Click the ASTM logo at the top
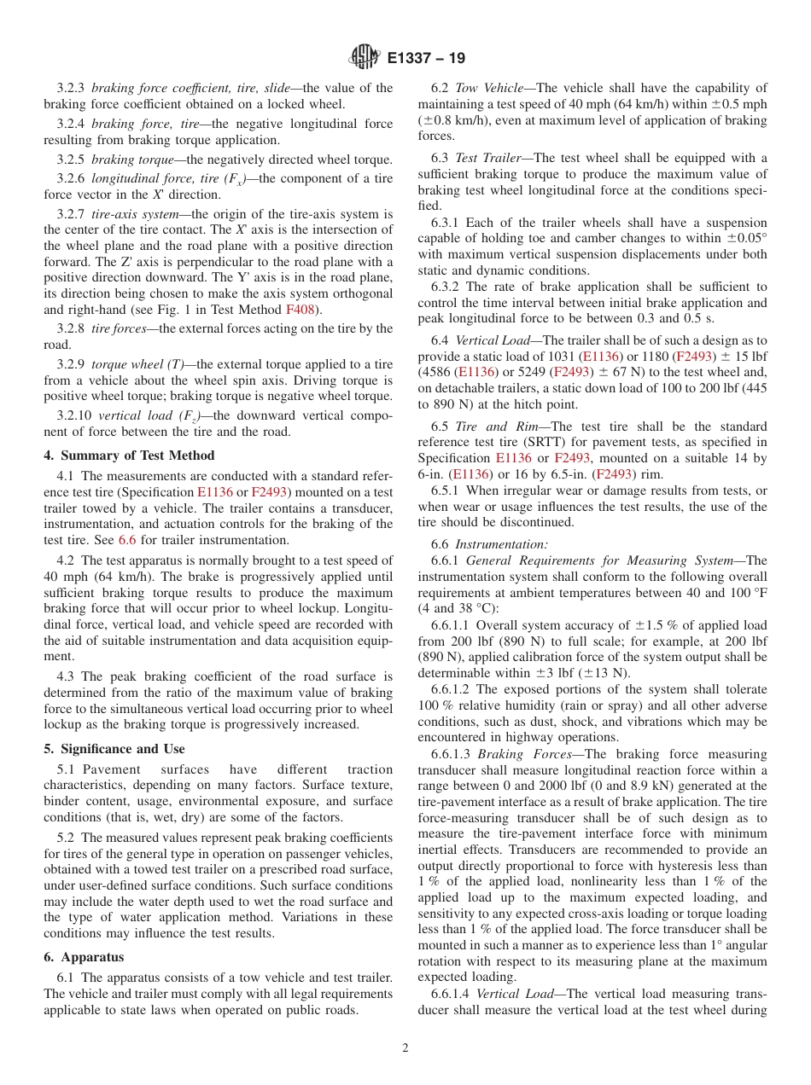(365, 58)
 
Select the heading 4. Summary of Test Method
(129, 455)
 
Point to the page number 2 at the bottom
(405, 1048)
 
